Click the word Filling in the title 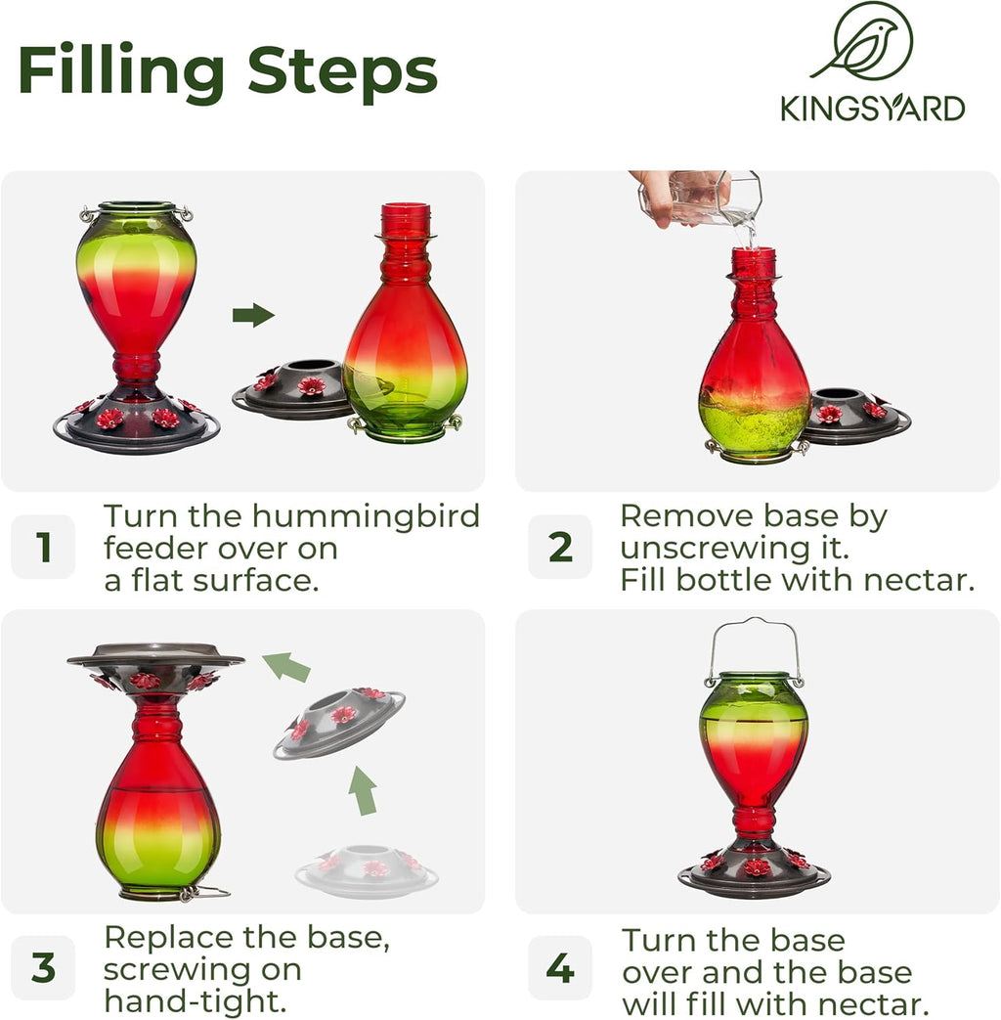[123, 72]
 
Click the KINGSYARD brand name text [872, 108]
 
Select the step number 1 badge [43, 548]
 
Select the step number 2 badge [560, 548]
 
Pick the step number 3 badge [43, 967]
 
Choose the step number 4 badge [560, 967]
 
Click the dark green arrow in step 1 [253, 315]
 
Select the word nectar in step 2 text [925, 580]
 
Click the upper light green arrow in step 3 [287, 667]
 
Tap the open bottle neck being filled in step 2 [753, 264]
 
